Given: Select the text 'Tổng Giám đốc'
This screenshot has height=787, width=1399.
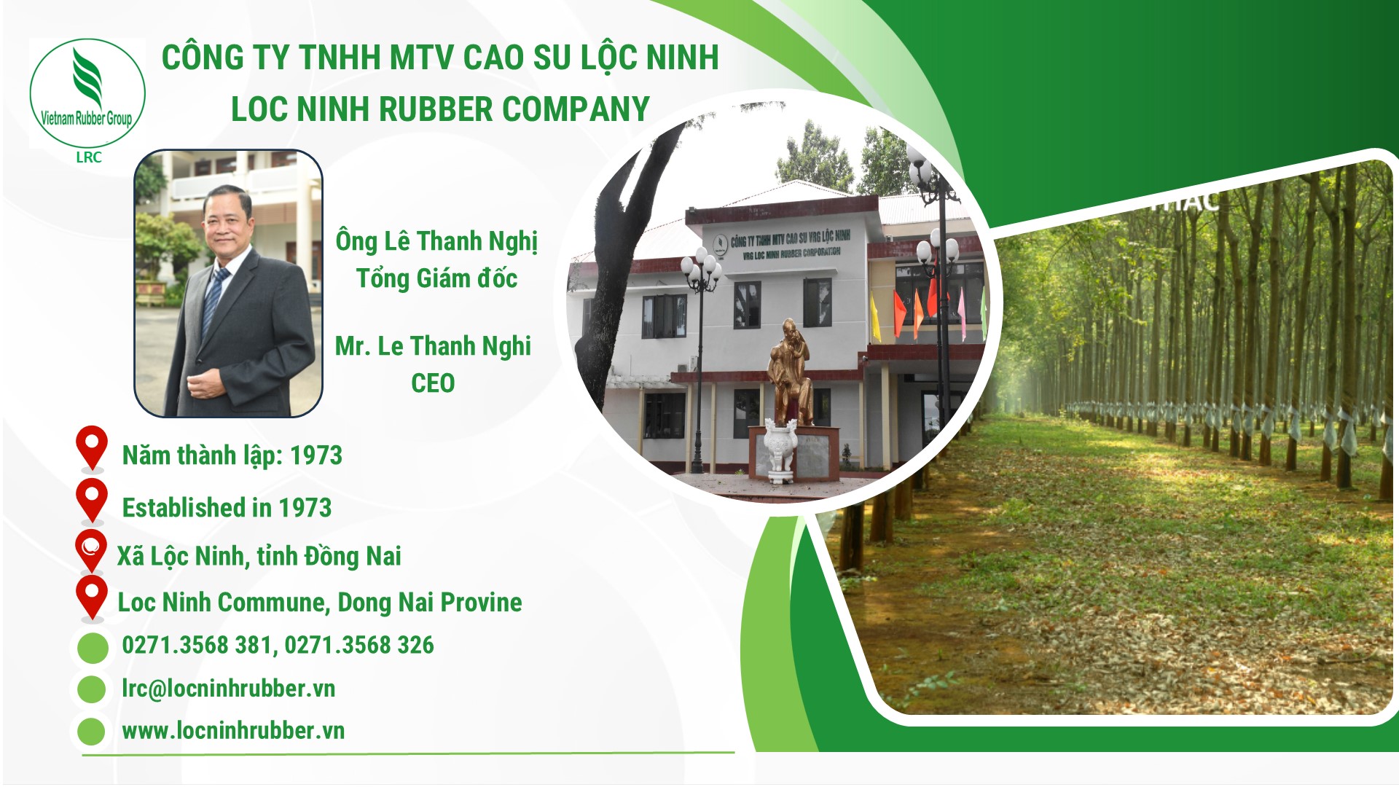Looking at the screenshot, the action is pyautogui.click(x=436, y=278).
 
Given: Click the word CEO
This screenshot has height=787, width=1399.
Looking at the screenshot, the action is pyautogui.click(x=433, y=383).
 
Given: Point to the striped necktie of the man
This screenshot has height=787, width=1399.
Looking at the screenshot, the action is pyautogui.click(x=215, y=299).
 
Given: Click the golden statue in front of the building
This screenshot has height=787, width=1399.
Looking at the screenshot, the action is pyautogui.click(x=791, y=372).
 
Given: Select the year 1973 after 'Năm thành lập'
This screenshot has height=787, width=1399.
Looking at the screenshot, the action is pyautogui.click(x=316, y=455).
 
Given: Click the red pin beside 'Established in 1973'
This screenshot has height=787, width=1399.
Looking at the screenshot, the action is pyautogui.click(x=92, y=501).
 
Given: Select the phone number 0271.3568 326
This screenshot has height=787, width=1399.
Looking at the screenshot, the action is pyautogui.click(x=358, y=645).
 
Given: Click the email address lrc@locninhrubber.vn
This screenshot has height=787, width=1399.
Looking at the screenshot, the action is pyautogui.click(x=228, y=689).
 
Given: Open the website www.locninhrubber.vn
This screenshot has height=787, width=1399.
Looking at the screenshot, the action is pyautogui.click(x=233, y=731).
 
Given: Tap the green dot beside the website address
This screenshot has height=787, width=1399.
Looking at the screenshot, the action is pyautogui.click(x=91, y=732).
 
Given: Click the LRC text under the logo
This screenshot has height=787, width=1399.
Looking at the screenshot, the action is pyautogui.click(x=89, y=157).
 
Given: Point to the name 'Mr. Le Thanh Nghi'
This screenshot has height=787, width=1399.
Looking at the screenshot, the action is pyautogui.click(x=433, y=347).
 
